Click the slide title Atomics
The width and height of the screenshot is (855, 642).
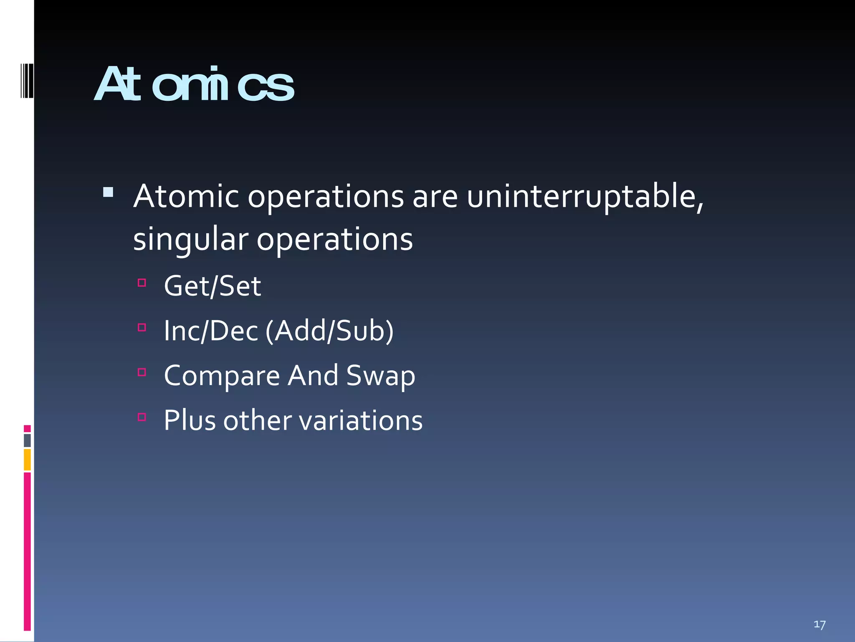coord(194,85)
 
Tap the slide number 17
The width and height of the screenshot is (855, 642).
coord(820,624)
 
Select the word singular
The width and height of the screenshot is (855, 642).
coord(190,240)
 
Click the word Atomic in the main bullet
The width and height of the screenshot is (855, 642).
coord(186,196)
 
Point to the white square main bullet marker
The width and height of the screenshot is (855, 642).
coord(108,192)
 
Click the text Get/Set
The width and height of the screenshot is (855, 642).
coord(212,286)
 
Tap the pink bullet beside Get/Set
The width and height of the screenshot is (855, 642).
coord(142,283)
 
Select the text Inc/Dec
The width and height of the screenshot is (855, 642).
coord(211,331)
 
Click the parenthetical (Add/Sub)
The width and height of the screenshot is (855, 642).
coord(329,331)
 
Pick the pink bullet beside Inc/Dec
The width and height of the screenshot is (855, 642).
coord(142,327)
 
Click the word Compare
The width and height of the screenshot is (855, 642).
coord(222,376)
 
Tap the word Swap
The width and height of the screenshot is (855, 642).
coord(380,376)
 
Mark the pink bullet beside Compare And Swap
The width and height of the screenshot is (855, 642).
coord(142,372)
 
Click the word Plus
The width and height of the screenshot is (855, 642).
coord(190,420)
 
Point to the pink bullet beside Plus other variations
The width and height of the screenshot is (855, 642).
coord(142,417)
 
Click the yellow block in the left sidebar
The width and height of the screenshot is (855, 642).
coord(27,460)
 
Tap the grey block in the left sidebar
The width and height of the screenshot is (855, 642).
coord(27,441)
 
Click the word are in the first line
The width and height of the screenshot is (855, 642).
coord(435,196)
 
